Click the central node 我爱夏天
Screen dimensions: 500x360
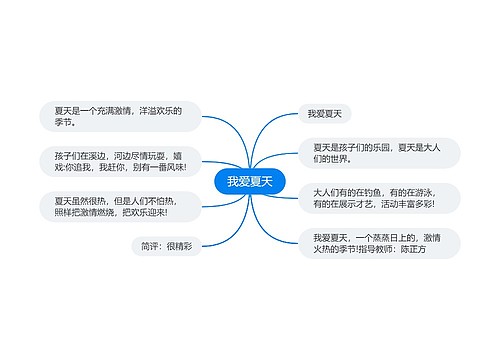point(249,181)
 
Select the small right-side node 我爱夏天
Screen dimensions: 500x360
point(325,114)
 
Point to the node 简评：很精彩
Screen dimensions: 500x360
point(166,245)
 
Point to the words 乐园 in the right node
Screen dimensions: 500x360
point(383,147)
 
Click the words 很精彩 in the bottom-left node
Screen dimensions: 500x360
point(179,245)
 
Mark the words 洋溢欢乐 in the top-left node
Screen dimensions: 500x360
point(156,110)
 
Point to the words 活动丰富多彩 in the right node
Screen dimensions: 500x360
point(418,204)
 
